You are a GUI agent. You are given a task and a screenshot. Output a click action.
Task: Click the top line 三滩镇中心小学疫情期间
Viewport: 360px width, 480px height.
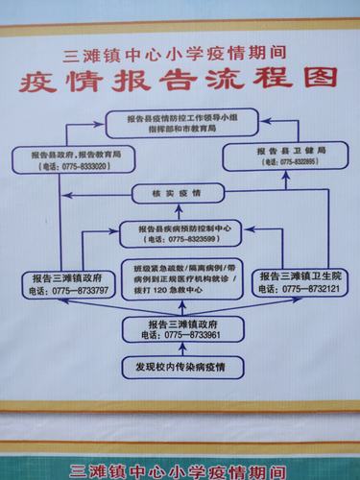(x=180, y=54)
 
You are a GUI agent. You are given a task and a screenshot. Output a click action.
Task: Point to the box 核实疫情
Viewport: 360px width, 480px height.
(x=179, y=194)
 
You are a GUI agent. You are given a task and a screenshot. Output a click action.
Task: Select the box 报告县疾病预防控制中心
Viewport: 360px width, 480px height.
(x=180, y=233)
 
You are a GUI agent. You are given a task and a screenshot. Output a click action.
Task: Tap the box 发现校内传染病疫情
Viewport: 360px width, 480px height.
(x=180, y=367)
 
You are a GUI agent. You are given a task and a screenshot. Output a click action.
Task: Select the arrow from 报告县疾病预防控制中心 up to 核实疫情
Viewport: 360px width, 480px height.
(x=180, y=212)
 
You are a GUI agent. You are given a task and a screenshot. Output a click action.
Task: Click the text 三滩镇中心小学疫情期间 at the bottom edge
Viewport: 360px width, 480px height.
(x=180, y=471)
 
